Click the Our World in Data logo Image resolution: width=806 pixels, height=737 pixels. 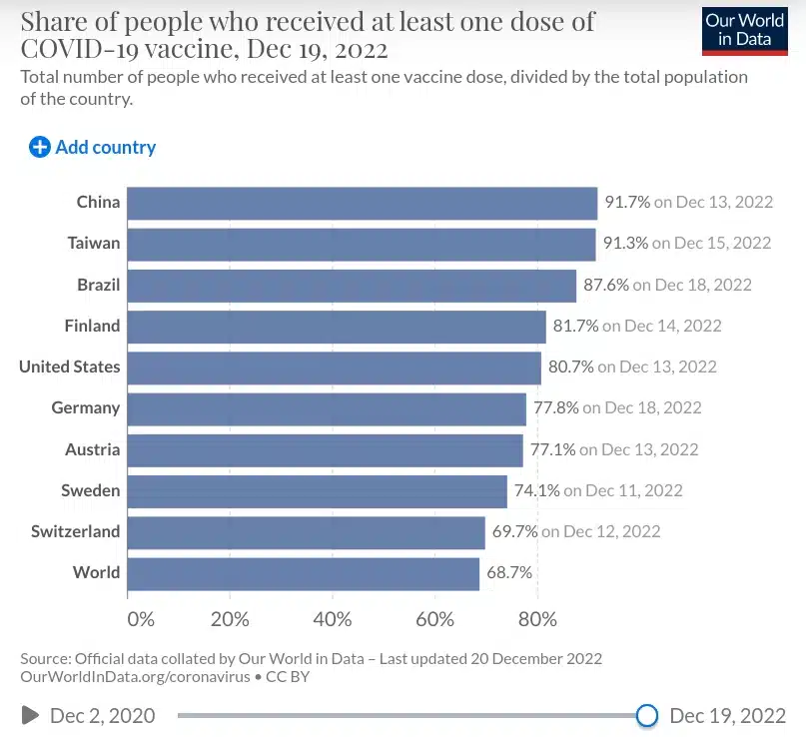(x=744, y=30)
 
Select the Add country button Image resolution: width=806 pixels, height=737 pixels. (x=93, y=147)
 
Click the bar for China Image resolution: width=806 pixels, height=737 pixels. (x=363, y=202)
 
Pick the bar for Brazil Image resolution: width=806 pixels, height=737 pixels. (x=352, y=285)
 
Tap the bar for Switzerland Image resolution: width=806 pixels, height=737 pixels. (x=307, y=531)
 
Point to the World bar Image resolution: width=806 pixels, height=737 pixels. (x=304, y=573)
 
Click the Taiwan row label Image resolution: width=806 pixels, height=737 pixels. (x=94, y=243)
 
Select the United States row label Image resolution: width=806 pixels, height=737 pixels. (x=69, y=367)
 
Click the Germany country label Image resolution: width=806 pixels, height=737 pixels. (x=86, y=407)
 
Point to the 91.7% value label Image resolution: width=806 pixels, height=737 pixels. (x=627, y=202)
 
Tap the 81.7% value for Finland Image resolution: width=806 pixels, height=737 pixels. (x=576, y=326)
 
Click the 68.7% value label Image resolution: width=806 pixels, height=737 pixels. (x=509, y=573)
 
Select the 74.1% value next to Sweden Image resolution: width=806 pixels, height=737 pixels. (x=537, y=490)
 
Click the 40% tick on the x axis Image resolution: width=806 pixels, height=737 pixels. (x=333, y=619)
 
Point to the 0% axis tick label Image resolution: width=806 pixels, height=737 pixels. (x=141, y=619)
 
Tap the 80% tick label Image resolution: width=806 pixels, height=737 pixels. (x=537, y=619)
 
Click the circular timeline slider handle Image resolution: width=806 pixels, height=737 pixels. (x=647, y=715)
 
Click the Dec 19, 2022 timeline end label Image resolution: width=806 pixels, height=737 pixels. (x=727, y=715)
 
